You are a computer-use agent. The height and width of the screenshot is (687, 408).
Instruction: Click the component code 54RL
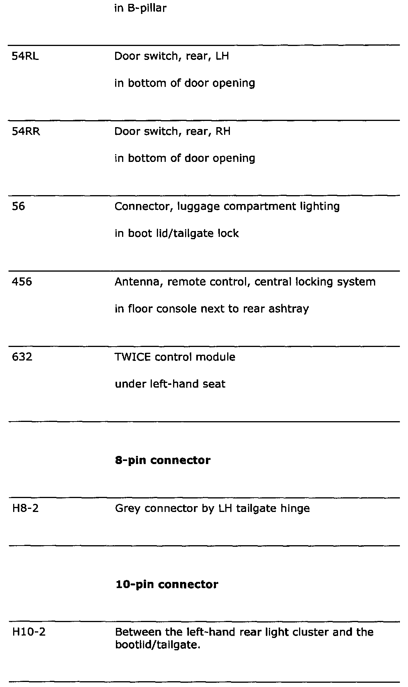pyautogui.click(x=25, y=56)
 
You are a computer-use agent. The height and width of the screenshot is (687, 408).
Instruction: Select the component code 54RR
pyautogui.click(x=26, y=132)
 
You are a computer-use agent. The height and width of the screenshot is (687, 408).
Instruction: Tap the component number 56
pyautogui.click(x=18, y=207)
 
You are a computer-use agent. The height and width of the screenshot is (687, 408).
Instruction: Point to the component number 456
pyautogui.click(x=22, y=282)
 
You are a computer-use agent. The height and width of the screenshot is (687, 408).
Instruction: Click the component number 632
pyautogui.click(x=22, y=357)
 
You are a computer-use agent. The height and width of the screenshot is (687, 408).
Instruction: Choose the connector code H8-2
pyautogui.click(x=25, y=508)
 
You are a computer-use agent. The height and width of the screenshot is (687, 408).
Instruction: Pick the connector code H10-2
pyautogui.click(x=29, y=633)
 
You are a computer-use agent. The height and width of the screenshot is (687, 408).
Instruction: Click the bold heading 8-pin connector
pyautogui.click(x=163, y=461)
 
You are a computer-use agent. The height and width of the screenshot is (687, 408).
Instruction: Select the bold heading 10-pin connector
pyautogui.click(x=167, y=585)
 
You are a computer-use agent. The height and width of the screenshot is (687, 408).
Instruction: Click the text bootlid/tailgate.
pyautogui.click(x=158, y=645)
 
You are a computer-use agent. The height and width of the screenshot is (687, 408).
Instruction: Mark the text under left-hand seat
pyautogui.click(x=170, y=384)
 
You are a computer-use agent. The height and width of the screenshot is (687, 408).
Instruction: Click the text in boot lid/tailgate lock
pyautogui.click(x=177, y=234)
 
